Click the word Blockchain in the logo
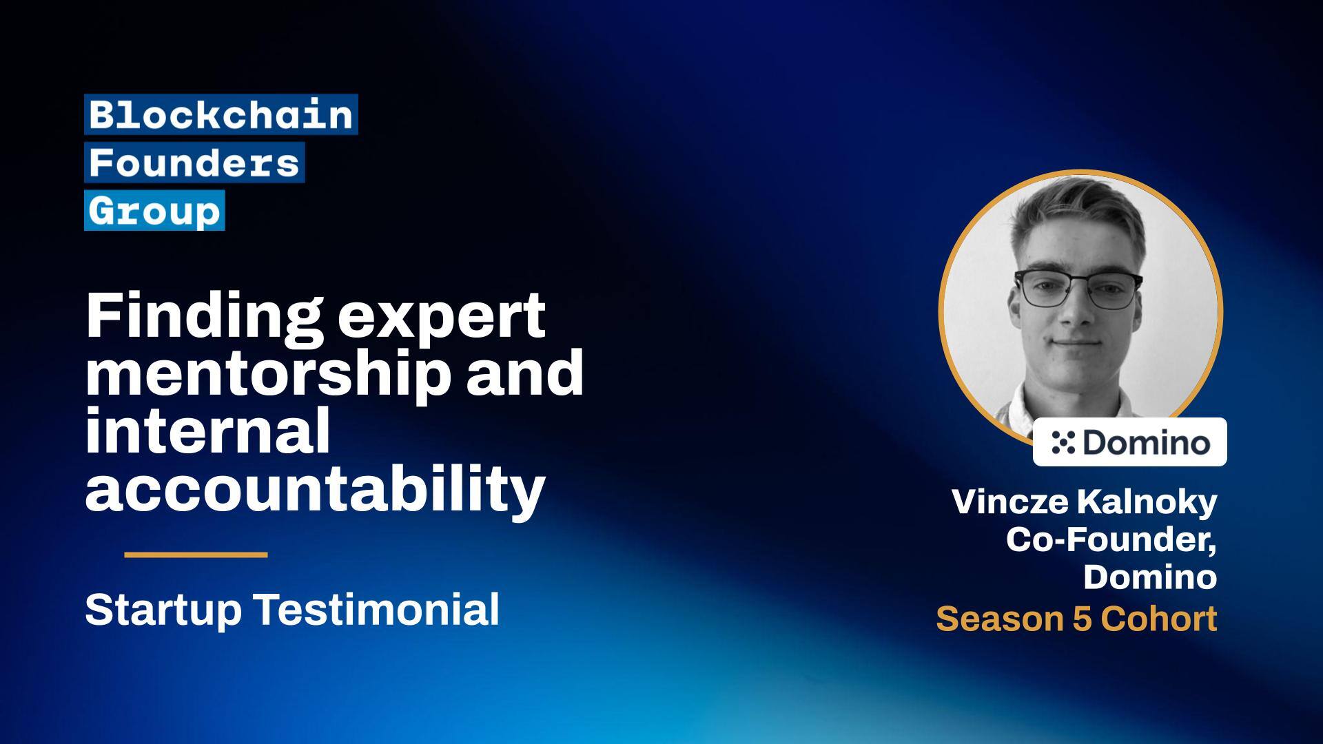coord(220,114)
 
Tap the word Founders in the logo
coord(194,163)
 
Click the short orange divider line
coord(196,555)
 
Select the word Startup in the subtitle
coord(163,610)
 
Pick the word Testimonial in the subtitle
coord(377,610)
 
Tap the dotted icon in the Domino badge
coord(1063,442)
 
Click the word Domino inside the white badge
coord(1146,442)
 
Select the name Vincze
coord(1009,502)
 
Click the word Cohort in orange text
coord(1158,619)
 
